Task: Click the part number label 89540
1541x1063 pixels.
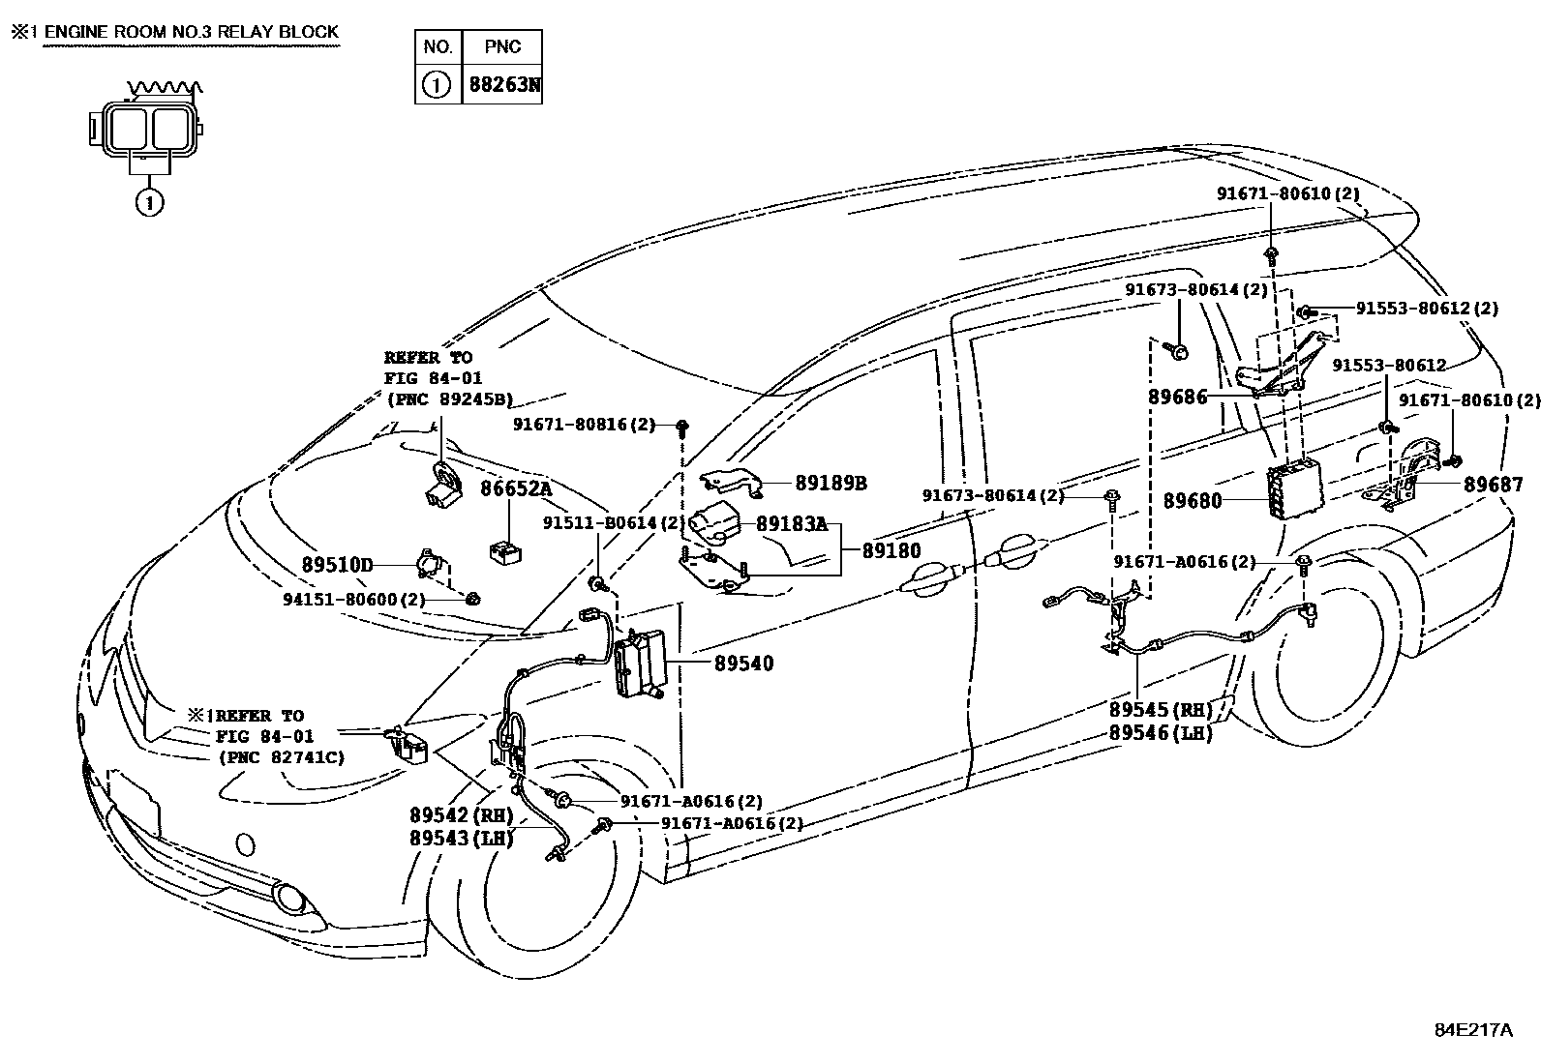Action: point(743,664)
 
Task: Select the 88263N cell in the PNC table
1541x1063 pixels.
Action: point(503,84)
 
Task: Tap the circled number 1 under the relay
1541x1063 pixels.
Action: point(148,202)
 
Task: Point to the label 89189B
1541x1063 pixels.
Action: point(831,483)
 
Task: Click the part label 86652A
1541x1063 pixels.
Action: point(517,489)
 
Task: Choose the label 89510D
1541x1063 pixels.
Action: point(337,564)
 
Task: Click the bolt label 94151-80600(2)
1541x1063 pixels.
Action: point(354,599)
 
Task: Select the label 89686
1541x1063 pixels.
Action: point(1177,397)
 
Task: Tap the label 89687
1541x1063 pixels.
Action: point(1493,485)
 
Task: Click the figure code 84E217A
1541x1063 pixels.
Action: point(1472,1029)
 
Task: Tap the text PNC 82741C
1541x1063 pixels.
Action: point(282,757)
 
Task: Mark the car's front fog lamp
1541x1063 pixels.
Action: point(287,899)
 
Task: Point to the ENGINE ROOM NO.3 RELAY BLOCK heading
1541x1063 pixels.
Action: point(191,32)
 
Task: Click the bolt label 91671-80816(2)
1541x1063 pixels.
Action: point(584,424)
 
